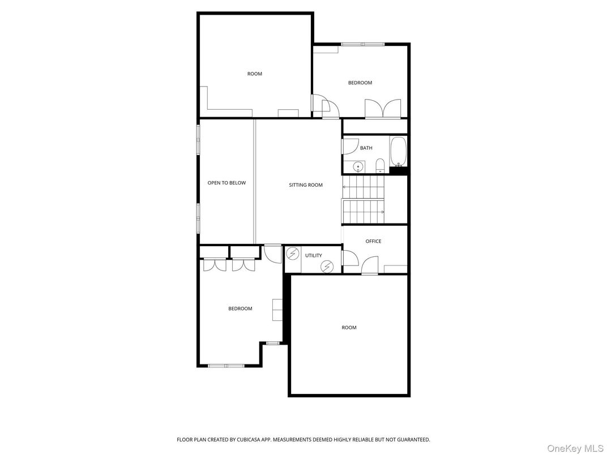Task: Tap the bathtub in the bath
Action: [x=398, y=151]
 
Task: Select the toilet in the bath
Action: [x=380, y=166]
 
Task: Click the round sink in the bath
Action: [x=358, y=166]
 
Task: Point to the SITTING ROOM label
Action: [x=306, y=185]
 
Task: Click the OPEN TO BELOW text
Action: [x=226, y=183]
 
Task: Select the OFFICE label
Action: [x=373, y=241]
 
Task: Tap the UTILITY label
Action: [x=314, y=255]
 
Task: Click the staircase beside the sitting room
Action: [x=364, y=199]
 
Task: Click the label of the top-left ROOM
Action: [x=255, y=74]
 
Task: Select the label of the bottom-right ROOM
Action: [x=349, y=328]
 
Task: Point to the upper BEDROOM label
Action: [x=360, y=83]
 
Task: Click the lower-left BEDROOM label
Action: [x=240, y=308]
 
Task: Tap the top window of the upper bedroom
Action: [x=363, y=44]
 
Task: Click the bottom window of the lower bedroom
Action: [x=226, y=366]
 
